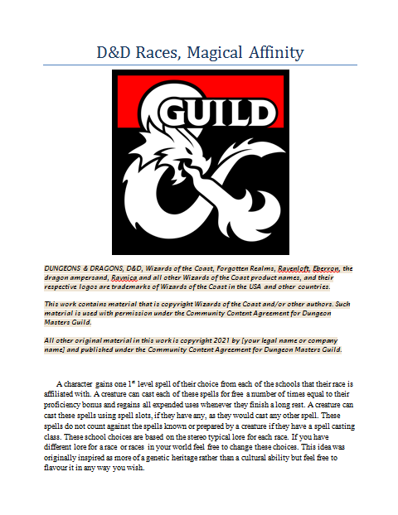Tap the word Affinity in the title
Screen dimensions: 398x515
tap(275, 54)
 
